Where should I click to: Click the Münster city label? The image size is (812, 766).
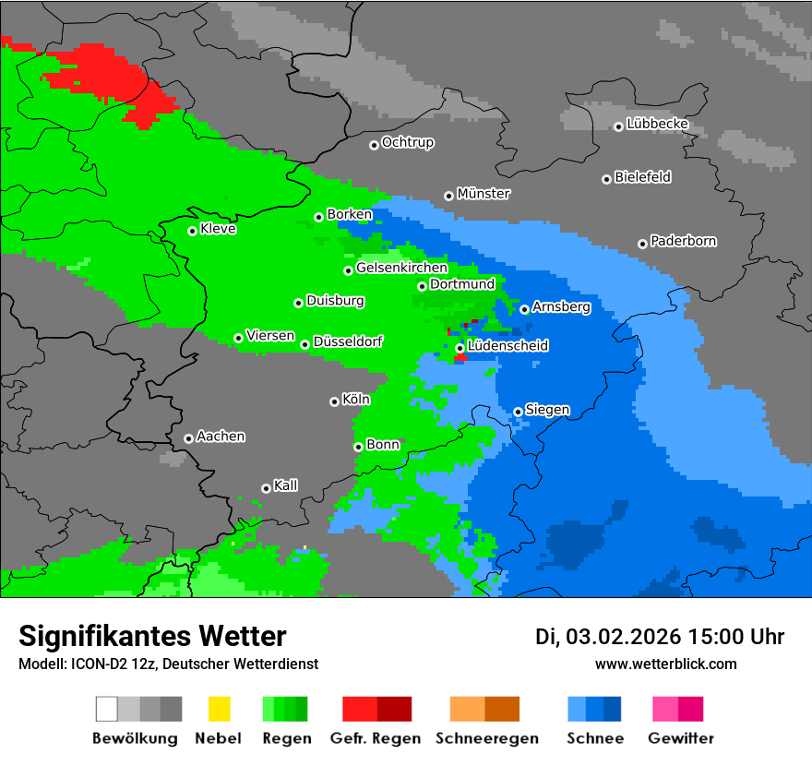coord(484,194)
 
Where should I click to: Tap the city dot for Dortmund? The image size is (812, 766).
coord(422,286)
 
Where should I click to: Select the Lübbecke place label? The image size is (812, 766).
coord(657,124)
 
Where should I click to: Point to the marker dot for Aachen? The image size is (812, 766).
coord(188,438)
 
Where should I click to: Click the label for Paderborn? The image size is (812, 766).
coord(683,241)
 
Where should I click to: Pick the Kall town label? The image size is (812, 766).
coord(285,485)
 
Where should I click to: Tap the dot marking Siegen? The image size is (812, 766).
coord(518,412)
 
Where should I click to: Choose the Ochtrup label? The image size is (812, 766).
coord(407,142)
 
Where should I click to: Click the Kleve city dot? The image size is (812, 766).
coord(192,231)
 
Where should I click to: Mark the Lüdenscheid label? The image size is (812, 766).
coord(507,345)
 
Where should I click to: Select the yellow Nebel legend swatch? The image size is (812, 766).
coord(219,709)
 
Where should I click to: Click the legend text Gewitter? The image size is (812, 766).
coord(680,738)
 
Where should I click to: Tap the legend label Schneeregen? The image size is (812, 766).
coord(484,738)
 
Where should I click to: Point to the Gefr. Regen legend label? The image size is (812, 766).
coord(376,738)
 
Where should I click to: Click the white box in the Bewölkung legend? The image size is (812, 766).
coord(107,709)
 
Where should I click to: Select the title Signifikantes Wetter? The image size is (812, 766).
coord(152,637)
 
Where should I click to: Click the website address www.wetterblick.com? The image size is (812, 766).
coord(665,664)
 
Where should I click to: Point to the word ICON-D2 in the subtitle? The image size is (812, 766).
coord(90,664)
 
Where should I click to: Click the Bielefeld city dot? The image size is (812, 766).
coord(606,179)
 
